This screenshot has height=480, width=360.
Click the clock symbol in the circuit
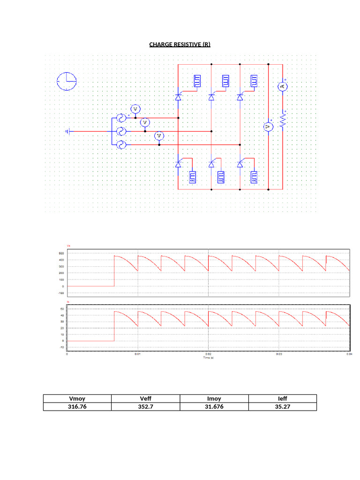[x=67, y=81]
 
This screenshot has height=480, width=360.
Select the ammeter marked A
[x=282, y=86]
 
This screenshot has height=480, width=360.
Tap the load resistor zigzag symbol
[x=283, y=120]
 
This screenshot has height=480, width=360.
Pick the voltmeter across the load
[x=268, y=127]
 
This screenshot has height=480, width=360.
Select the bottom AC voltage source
[x=121, y=145]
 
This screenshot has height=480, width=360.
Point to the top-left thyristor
[x=178, y=97]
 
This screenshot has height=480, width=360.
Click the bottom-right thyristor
[x=240, y=164]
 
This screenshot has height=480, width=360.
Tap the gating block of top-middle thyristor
[x=226, y=81]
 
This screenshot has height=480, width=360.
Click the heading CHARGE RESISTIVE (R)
[x=180, y=45]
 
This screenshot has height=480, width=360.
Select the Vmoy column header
[x=77, y=398]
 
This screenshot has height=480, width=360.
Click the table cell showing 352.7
[x=145, y=407]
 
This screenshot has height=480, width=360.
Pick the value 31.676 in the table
[x=214, y=407]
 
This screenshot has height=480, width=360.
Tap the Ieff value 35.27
[x=282, y=407]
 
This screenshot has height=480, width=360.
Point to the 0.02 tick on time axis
[x=208, y=354]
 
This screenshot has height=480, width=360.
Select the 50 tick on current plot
[x=62, y=309]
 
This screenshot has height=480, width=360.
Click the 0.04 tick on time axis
[x=348, y=354]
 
